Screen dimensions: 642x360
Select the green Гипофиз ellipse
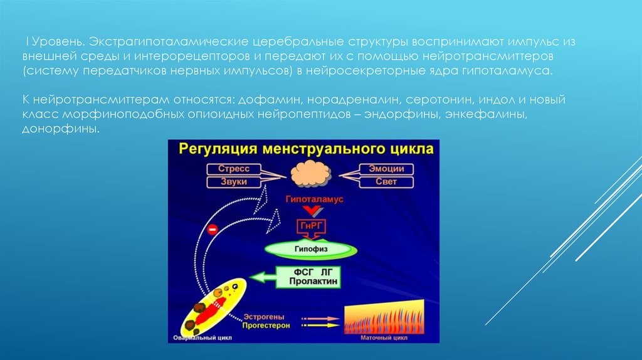[312, 248]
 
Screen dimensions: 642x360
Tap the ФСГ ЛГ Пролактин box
[314, 277]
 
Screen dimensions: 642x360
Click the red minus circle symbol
[212, 230]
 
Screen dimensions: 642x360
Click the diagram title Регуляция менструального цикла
[306, 149]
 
